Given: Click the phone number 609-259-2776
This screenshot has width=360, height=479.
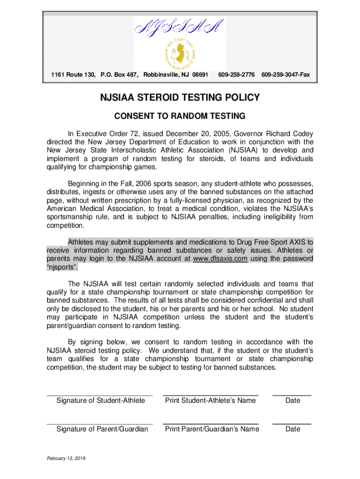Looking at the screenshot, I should pyautogui.click(x=236, y=75).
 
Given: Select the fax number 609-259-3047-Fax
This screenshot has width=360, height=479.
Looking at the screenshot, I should pyautogui.click(x=285, y=75).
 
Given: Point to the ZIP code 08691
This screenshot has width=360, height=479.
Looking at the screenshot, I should pyautogui.click(x=197, y=75).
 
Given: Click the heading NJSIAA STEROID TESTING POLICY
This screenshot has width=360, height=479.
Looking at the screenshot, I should pyautogui.click(x=180, y=98).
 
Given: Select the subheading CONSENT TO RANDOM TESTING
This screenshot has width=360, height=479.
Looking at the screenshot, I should pyautogui.click(x=180, y=116).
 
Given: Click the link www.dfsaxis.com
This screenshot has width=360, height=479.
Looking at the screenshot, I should pyautogui.click(x=220, y=259).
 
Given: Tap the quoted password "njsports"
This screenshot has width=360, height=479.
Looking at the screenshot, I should pyautogui.click(x=62, y=268).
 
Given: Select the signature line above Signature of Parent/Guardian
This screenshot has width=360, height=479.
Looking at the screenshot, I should pyautogui.click(x=100, y=424).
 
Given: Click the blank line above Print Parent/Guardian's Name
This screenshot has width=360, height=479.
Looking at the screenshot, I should pyautogui.click(x=210, y=424).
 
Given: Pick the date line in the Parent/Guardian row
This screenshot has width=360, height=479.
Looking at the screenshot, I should pyautogui.click(x=292, y=424).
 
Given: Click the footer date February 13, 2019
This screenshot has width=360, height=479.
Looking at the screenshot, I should pyautogui.click(x=65, y=457).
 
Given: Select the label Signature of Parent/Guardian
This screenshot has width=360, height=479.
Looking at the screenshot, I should pyautogui.click(x=102, y=429).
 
